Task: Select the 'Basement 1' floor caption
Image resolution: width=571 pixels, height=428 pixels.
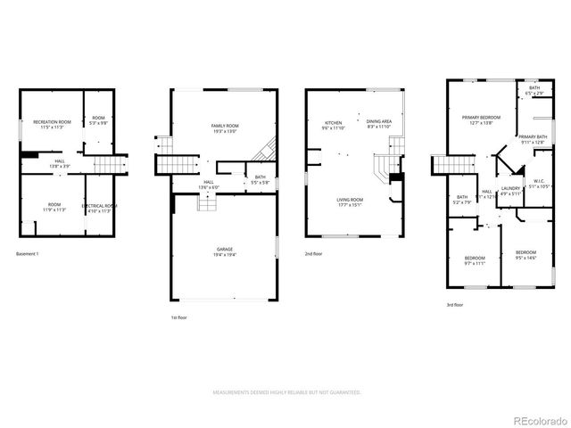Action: tap(28, 254)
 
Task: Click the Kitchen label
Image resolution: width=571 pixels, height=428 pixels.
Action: tap(334, 124)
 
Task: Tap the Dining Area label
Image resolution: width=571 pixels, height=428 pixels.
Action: tap(379, 124)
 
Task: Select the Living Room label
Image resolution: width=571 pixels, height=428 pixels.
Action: tap(349, 202)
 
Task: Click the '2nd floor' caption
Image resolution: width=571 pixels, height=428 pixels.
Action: tap(314, 254)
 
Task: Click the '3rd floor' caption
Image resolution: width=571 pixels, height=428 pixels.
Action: tap(455, 305)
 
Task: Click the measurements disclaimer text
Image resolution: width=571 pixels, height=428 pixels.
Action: tap(285, 392)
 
